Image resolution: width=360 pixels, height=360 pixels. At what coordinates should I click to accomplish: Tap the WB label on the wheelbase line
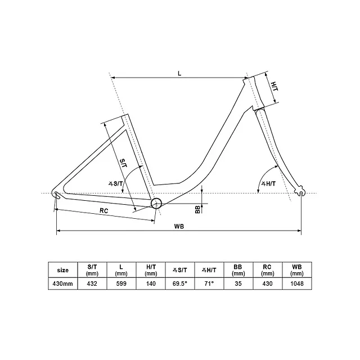[x=179, y=226]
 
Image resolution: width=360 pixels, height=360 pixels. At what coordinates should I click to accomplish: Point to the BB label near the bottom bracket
[x=197, y=209]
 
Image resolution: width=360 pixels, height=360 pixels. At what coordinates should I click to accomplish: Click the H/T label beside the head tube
[x=274, y=87]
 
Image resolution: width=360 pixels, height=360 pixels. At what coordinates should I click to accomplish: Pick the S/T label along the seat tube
[x=124, y=163]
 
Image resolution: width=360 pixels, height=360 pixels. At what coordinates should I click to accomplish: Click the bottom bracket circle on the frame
[x=156, y=203]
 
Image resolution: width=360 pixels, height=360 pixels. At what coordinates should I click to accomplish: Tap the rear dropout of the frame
[x=56, y=194]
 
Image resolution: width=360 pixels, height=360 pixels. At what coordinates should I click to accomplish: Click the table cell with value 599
[x=120, y=283]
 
